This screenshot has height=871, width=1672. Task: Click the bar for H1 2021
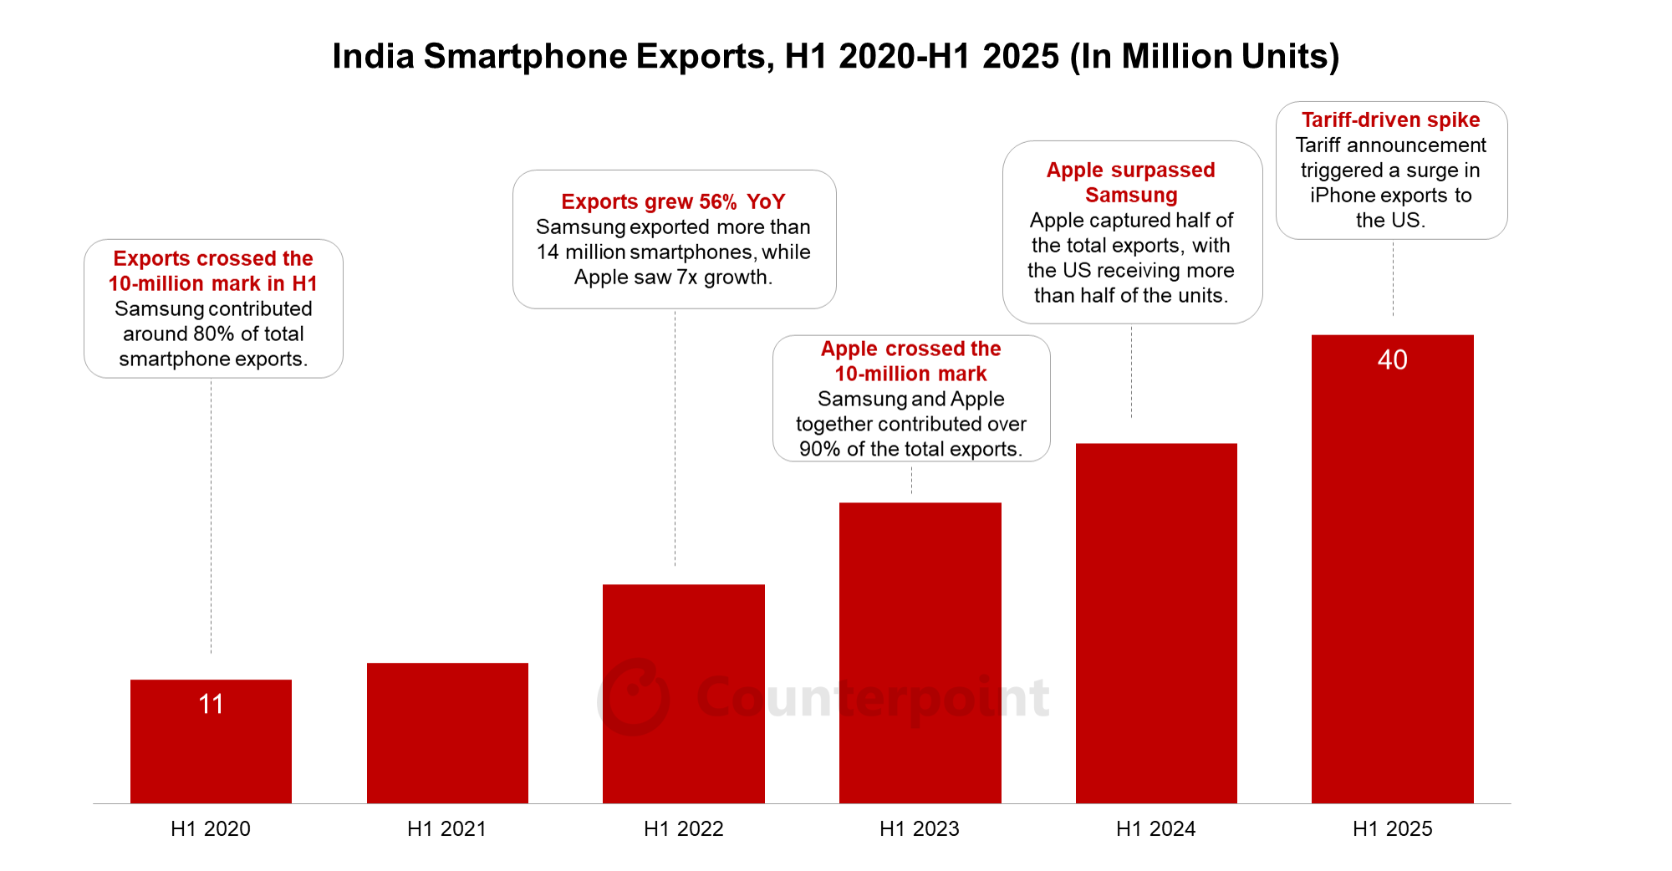(x=447, y=733)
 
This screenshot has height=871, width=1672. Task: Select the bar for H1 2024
(x=1156, y=623)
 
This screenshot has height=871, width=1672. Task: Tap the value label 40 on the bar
(x=1392, y=359)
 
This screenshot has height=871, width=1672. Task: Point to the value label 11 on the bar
(x=211, y=704)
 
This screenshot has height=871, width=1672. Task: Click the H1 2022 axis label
(x=683, y=828)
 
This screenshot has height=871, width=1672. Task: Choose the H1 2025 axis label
(x=1392, y=828)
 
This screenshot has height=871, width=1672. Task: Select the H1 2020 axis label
(x=211, y=828)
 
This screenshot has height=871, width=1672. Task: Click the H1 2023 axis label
(x=919, y=828)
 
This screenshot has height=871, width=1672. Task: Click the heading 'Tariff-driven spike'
(x=1390, y=120)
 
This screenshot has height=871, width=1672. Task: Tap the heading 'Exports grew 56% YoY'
(x=673, y=201)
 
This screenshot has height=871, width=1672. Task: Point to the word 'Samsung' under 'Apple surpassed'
(x=1131, y=195)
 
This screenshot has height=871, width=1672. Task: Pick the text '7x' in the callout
(x=687, y=277)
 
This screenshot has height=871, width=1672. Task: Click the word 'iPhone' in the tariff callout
(x=1338, y=195)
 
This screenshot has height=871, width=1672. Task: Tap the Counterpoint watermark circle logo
(x=634, y=698)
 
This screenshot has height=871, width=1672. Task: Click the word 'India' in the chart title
(x=373, y=56)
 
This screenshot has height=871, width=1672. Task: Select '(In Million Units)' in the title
(x=1204, y=56)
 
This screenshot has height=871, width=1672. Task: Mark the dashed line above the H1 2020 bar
(x=211, y=518)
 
